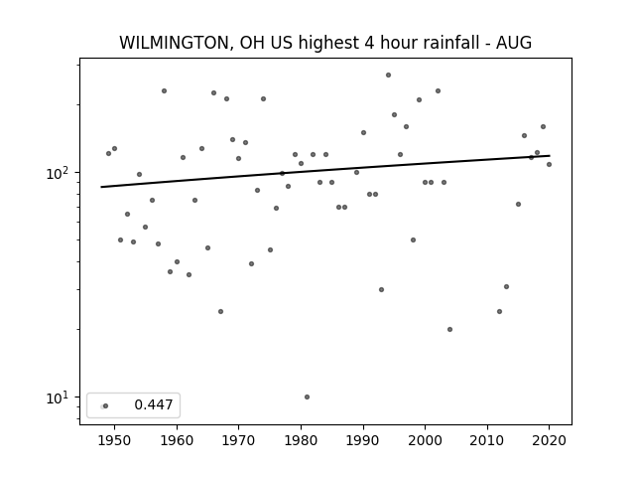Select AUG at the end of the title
[514, 43]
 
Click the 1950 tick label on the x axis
[115, 440]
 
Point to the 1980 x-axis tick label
[301, 440]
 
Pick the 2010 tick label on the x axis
[487, 440]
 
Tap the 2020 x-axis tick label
[549, 440]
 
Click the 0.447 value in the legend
[154, 404]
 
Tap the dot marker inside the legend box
[105, 405]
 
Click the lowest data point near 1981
[307, 397]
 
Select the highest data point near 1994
[388, 76]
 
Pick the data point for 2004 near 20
[449, 329]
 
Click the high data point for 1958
[164, 90]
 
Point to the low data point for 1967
[220, 311]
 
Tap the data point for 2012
[499, 311]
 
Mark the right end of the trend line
[550, 156]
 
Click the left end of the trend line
[101, 187]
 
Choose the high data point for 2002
[438, 90]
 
